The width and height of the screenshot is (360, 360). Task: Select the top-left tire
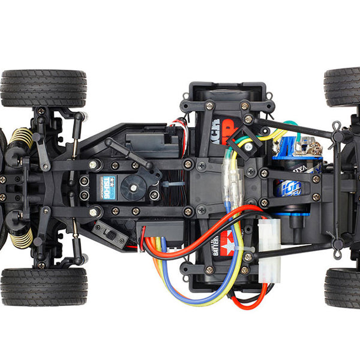coord(43,88)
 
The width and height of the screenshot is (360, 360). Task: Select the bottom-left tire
coord(43,287)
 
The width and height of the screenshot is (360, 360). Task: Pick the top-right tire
coord(343,86)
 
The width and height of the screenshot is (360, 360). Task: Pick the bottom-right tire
coord(343,288)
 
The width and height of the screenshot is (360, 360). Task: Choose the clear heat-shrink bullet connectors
coord(233,180)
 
